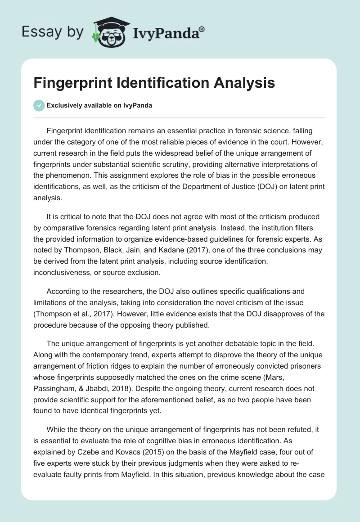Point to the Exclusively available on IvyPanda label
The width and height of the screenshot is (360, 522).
(x=99, y=105)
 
